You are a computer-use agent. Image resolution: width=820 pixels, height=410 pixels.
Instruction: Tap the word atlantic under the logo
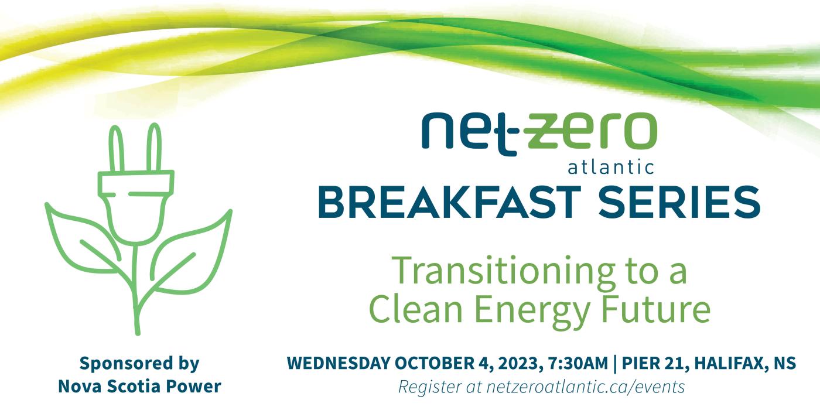click(611, 169)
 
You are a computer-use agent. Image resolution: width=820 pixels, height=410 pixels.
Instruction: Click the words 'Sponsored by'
click(139, 363)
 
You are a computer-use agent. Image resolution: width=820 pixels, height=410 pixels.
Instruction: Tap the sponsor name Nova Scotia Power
click(139, 387)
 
